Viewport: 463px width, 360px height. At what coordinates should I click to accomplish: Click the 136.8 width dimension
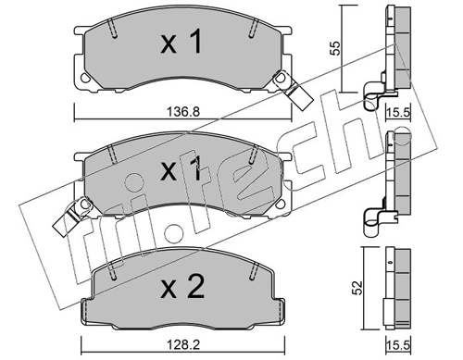coord(183,111)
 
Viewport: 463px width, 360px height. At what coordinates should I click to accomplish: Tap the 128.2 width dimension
coord(183,345)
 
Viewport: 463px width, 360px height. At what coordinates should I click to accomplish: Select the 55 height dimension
coord(334,48)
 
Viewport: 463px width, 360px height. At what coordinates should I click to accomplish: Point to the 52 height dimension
coord(357,287)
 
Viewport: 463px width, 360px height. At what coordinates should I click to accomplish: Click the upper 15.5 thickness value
coord(398,112)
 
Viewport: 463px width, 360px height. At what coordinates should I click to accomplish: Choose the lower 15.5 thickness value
coord(398,345)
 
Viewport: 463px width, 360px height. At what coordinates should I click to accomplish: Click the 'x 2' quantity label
coord(182,287)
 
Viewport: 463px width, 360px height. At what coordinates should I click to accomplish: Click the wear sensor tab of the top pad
coord(295,91)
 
